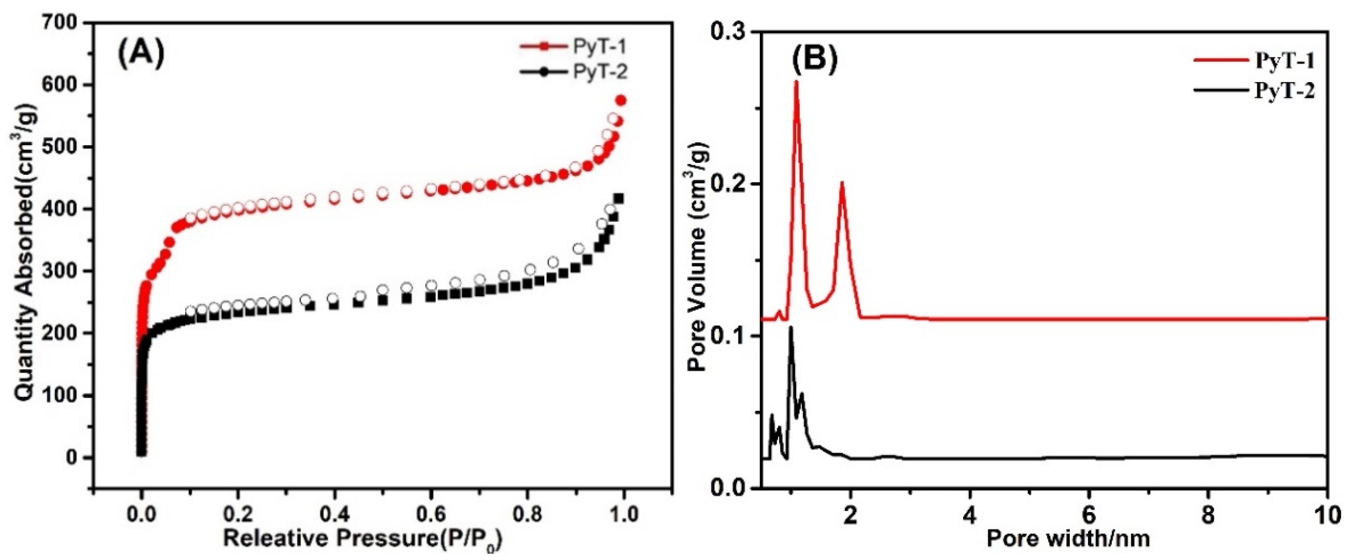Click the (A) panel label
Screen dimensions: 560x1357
(141, 54)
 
